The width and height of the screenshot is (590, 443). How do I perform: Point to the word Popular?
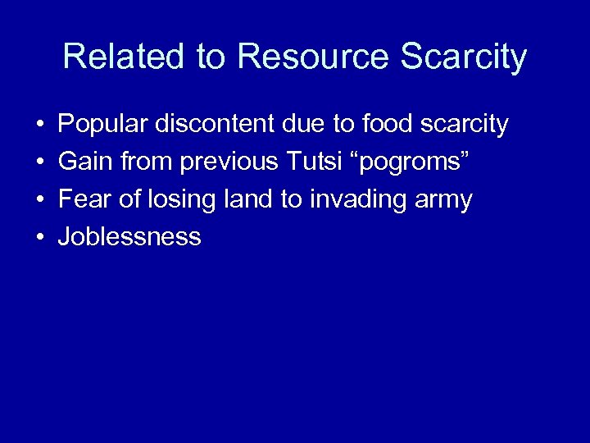[103, 125]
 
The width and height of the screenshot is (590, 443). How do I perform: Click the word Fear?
[86, 199]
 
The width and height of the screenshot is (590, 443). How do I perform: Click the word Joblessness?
[129, 237]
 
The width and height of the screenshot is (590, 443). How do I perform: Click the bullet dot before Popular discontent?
[39, 126]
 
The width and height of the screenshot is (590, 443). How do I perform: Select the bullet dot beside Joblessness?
[39, 238]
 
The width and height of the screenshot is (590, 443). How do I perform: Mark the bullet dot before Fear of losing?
[39, 200]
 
